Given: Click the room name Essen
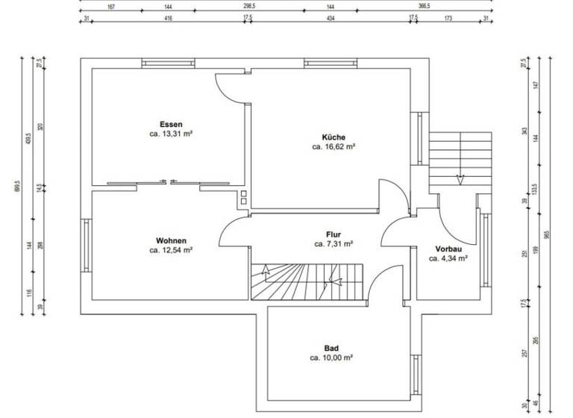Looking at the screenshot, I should coord(171,124).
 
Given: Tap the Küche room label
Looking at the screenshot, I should coord(333,137).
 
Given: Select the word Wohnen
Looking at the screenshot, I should coord(171,240).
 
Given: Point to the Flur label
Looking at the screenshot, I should coord(333,234).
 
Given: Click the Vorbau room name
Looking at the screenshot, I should coord(448,249).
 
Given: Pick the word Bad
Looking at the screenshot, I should coord(331,348).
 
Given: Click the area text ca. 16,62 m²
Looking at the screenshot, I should coord(333,148).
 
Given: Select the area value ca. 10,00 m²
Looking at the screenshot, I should coord(331,358).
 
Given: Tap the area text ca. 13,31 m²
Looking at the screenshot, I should coord(171,134).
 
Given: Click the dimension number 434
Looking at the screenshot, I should coord(331,18).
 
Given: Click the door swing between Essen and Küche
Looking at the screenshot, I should coord(231,88).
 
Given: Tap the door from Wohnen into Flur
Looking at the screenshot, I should coord(233,231).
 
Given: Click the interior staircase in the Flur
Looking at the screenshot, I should coord(306,282).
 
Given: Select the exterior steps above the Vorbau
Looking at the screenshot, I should coord(461,158).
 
